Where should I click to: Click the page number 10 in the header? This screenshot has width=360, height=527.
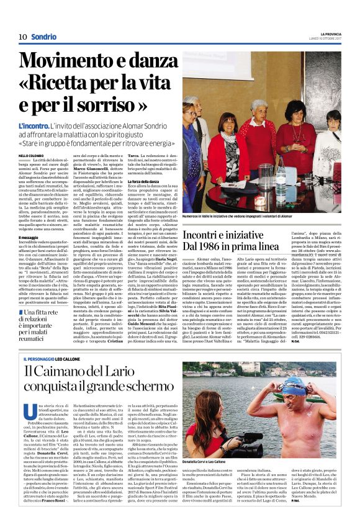[22, 37]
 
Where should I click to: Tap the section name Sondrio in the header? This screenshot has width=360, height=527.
[44, 37]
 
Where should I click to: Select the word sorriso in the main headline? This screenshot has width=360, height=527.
[128, 106]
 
